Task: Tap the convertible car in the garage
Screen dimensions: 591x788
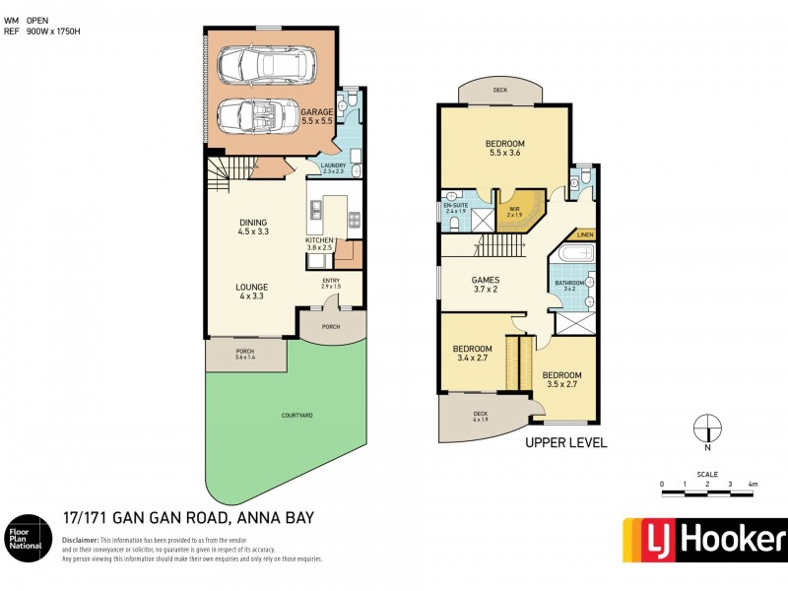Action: pos(250,115)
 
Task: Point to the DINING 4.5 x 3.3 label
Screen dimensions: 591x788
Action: pos(253,227)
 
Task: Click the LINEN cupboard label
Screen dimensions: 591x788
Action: pos(585,234)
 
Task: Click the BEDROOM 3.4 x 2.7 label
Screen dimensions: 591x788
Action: pos(472,353)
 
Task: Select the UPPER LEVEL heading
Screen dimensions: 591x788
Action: pos(566,442)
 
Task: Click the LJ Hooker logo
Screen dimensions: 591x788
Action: pos(704,538)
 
